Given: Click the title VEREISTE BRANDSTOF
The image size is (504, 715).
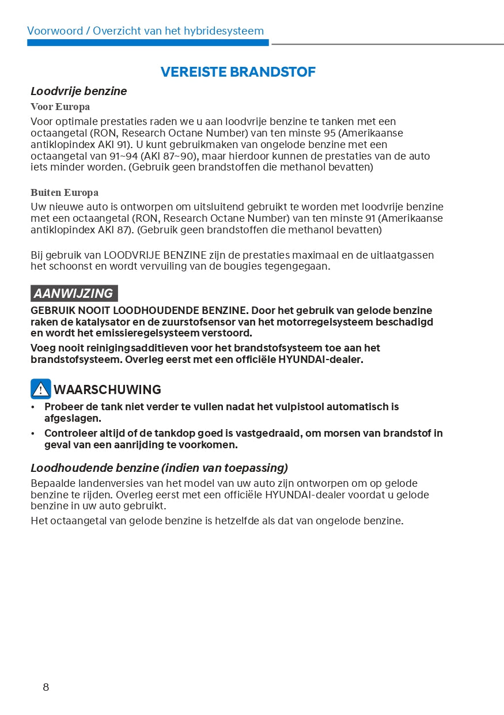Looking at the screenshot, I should click(x=238, y=72).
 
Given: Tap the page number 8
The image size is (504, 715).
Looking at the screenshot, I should click(x=46, y=687).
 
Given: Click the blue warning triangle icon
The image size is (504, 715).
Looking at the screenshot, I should click(x=40, y=389).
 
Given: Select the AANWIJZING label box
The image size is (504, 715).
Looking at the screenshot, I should click(x=74, y=293).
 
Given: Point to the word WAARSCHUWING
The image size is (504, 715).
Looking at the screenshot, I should click(x=107, y=389).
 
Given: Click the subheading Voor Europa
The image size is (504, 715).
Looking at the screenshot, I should click(x=60, y=107).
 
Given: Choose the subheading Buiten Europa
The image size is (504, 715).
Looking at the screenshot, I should click(x=65, y=192).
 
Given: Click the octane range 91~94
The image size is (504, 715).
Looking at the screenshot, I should click(x=122, y=156).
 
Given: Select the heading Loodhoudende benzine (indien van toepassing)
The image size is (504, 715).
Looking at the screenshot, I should click(x=159, y=468).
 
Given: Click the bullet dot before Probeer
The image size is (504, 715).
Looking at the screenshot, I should click(x=33, y=407).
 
